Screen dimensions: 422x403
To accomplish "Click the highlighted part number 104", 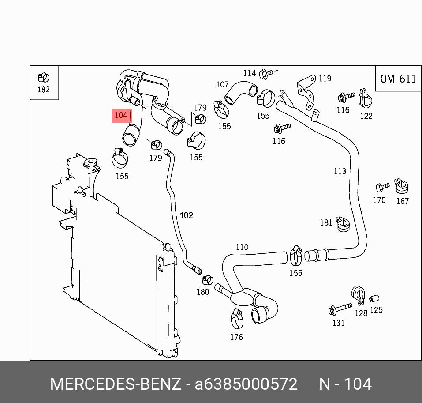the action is click(x=121, y=115).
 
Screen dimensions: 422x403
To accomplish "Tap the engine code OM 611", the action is click(x=398, y=79).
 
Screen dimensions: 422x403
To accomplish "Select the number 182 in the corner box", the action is click(x=43, y=89).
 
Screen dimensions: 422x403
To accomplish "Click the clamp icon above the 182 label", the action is click(x=43, y=78).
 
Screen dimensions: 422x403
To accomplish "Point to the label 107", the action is click(x=222, y=85).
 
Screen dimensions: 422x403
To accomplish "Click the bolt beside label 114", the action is click(x=266, y=74).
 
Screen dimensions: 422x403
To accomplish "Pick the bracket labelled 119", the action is click(x=306, y=92).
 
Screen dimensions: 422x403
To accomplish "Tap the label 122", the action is click(x=366, y=116).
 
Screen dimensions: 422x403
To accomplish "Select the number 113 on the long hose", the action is click(x=340, y=171).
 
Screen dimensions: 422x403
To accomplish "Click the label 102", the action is click(x=186, y=215).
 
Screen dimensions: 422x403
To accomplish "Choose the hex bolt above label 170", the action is click(x=382, y=187).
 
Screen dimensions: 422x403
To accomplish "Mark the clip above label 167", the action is click(x=401, y=186).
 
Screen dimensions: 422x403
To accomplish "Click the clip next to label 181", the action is click(x=343, y=224).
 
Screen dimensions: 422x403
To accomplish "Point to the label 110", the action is click(x=242, y=247).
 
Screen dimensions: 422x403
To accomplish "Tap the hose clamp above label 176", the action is click(x=237, y=319).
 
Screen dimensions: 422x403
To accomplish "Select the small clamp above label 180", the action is click(x=208, y=280).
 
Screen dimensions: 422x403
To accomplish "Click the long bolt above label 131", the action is click(x=340, y=309).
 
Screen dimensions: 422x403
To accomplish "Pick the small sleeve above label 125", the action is click(x=374, y=298).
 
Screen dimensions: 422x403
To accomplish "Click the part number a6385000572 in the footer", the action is click(x=246, y=384).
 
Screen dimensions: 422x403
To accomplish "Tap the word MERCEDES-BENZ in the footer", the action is click(x=116, y=384).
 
